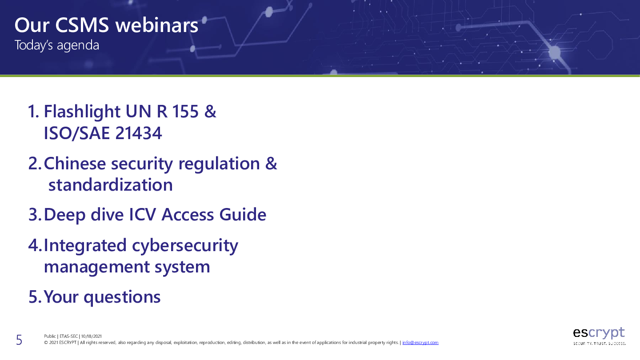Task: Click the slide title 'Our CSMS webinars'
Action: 106,25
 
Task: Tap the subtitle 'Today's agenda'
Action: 57,45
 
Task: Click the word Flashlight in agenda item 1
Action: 82,112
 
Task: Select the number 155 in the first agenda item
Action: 185,111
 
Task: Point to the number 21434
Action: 139,133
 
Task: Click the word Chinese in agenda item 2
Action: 75,164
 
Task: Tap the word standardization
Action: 111,185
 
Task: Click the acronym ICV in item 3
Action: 143,215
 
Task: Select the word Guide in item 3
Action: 243,215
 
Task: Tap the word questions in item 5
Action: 122,297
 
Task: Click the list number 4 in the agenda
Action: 33,245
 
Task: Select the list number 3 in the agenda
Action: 33,215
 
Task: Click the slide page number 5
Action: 19,340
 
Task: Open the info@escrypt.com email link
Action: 420,343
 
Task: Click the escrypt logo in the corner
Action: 599,336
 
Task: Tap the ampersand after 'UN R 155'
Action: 210,111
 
